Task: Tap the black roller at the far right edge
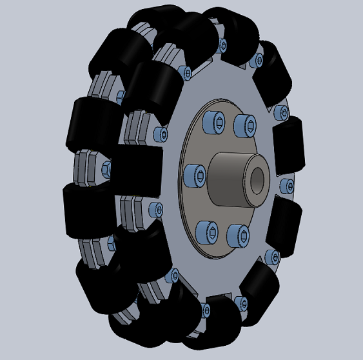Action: tap(289, 146)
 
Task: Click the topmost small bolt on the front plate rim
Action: tap(223, 46)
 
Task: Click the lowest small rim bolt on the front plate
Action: tap(208, 311)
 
